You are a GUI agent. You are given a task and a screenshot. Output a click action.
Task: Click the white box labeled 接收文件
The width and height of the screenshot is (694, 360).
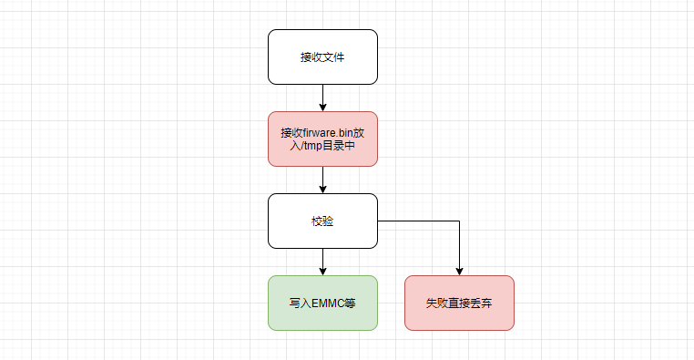322,57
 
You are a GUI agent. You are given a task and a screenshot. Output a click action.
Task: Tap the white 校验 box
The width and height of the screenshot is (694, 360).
322,221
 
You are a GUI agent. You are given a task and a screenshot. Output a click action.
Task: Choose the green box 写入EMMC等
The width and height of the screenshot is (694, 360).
322,303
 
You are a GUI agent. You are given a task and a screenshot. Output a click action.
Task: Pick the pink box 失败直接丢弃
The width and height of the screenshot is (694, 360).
459,303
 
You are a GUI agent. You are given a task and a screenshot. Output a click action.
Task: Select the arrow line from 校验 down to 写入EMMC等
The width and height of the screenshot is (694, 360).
322,259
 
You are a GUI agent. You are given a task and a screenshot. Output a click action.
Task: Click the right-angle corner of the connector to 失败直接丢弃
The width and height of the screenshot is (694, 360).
459,221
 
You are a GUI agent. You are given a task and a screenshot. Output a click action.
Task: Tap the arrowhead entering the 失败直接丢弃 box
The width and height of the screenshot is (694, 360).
459,271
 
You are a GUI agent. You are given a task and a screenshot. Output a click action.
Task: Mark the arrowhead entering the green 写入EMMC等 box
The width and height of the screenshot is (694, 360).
322,271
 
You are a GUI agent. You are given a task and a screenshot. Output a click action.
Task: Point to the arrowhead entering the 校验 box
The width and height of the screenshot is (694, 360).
322,189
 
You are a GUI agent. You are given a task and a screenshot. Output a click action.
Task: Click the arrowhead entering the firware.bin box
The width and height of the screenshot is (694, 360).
322,107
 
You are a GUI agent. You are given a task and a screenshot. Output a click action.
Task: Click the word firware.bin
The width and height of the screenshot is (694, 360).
334,132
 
